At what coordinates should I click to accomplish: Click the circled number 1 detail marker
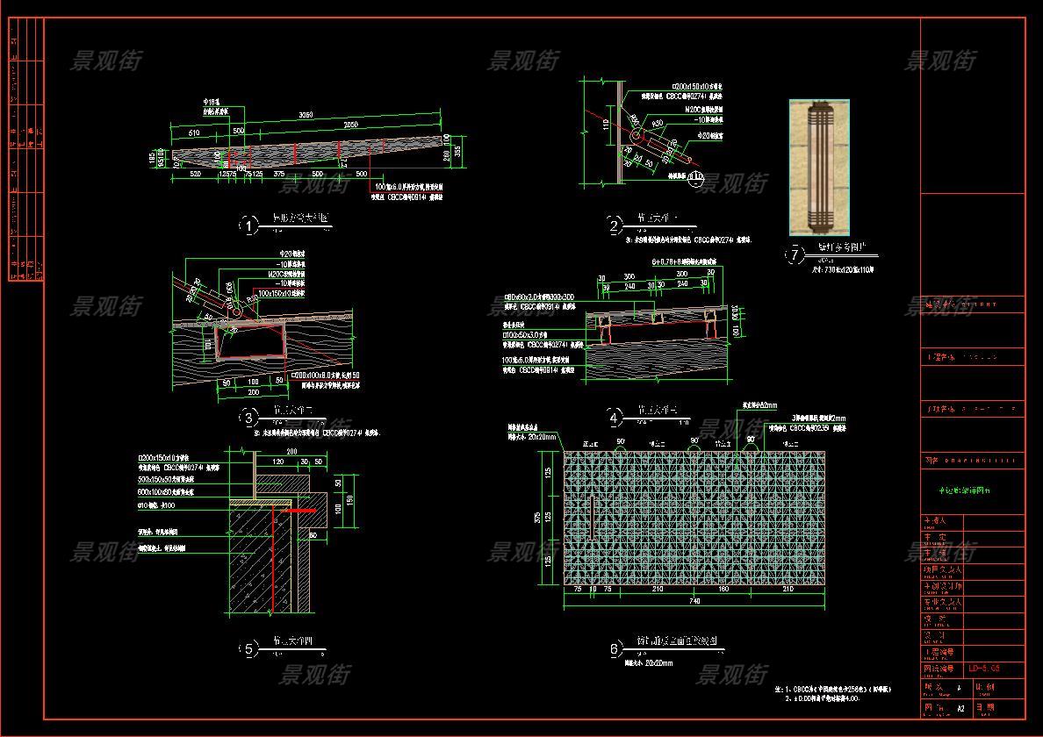tap(248, 225)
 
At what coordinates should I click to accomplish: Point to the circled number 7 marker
tap(795, 254)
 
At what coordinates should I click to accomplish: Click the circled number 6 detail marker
tap(615, 649)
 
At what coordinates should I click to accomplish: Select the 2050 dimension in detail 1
tap(349, 125)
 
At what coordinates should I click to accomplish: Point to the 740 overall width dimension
tap(694, 602)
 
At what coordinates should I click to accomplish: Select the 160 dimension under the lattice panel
tap(723, 590)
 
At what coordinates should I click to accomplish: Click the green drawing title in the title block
tap(958, 491)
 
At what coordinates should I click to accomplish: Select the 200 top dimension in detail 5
tap(292, 451)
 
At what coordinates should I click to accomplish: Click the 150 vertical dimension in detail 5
tap(349, 499)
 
